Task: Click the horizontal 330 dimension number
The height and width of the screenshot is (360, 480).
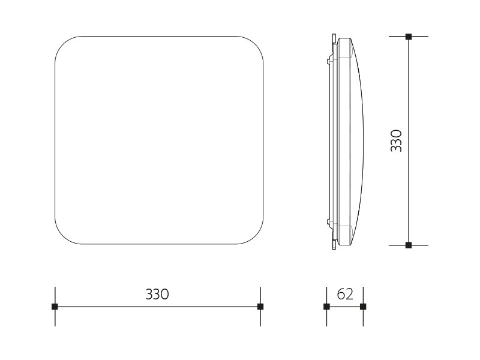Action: (x=157, y=294)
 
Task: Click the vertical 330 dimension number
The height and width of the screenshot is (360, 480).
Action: (x=397, y=141)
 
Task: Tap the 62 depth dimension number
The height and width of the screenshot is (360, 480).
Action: (x=345, y=294)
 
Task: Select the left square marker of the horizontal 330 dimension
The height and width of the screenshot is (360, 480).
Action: (x=55, y=307)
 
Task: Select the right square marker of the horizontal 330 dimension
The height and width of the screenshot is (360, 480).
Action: (x=260, y=307)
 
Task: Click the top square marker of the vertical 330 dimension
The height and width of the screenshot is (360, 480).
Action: (x=409, y=37)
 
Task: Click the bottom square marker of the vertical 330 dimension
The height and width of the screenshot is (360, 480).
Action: (x=409, y=245)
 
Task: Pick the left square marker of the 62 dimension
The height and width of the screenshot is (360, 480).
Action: (x=326, y=307)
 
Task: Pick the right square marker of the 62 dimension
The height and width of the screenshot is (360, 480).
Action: (x=363, y=307)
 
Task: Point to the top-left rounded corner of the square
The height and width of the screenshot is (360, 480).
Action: (x=62, y=43)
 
